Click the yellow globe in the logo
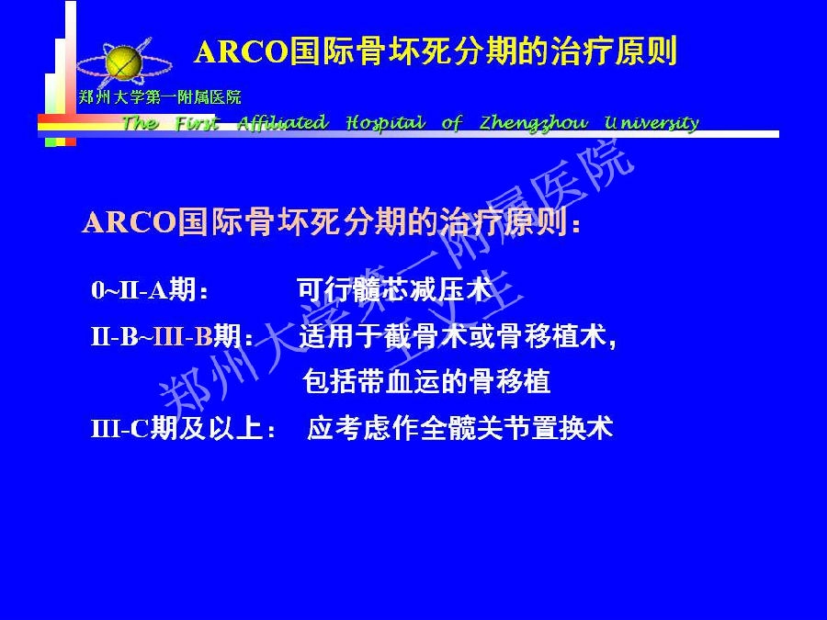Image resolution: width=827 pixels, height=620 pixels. coord(123,62)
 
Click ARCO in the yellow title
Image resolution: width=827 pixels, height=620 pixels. coord(242,52)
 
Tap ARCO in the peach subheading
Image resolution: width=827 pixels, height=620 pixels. coord(129,222)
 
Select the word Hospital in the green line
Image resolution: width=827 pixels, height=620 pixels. coord(386,123)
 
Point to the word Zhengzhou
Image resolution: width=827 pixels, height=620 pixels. coord(534,123)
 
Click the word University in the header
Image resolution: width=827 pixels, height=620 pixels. coord(651,123)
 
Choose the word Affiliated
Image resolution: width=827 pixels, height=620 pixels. coord(283,122)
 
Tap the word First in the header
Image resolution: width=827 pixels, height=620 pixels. coord(197,123)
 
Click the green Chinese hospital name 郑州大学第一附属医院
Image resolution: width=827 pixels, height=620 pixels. coord(160,97)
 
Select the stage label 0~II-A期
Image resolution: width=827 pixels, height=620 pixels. coord(150,290)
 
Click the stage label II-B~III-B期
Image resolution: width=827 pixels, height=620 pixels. coord(172,336)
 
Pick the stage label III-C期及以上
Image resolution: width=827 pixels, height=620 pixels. coord(183,428)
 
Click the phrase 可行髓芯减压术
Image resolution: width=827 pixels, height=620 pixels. coord(394,289)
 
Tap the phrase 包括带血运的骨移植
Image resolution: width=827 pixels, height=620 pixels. coord(426,381)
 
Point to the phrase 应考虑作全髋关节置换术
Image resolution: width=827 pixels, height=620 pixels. coord(460,427)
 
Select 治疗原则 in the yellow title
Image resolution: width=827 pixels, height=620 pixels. coord(614,51)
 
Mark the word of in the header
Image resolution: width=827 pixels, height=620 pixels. coord(452,123)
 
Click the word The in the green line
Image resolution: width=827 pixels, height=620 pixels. coord(140,123)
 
